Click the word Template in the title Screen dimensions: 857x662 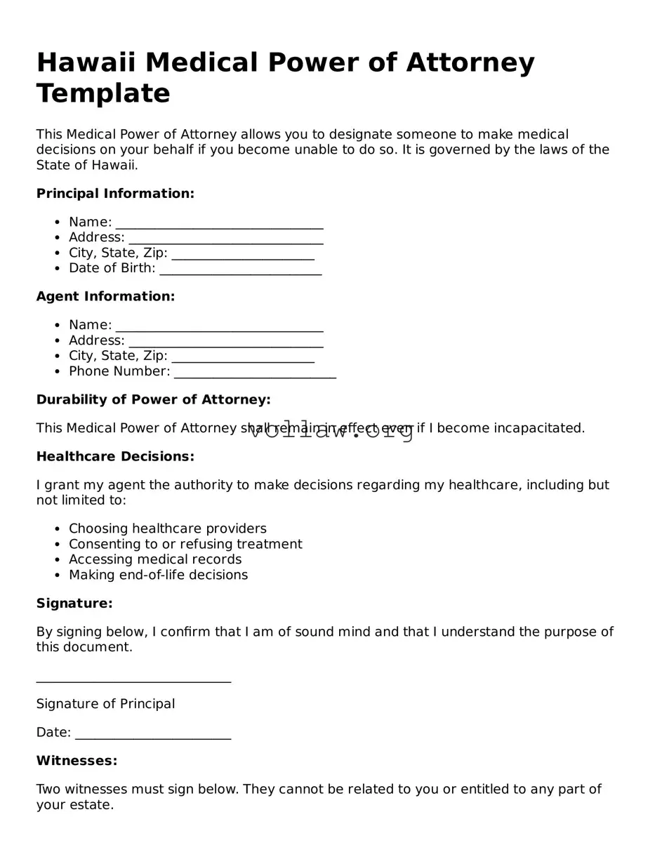point(103,93)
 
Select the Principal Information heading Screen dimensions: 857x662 point(115,194)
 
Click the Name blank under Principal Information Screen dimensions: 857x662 point(219,224)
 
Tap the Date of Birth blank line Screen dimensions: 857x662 point(240,270)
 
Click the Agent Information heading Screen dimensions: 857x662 point(105,297)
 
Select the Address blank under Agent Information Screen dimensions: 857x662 point(225,343)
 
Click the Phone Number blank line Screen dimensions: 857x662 point(255,373)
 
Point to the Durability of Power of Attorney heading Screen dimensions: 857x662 point(153,400)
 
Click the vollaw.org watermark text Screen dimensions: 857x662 point(332,431)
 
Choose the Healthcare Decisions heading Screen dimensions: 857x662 point(115,457)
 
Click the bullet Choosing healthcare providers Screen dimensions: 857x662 point(167,529)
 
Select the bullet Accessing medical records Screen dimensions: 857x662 point(155,559)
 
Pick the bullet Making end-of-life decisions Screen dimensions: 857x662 point(158,575)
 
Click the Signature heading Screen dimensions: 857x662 point(74,604)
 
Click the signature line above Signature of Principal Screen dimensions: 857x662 point(133,679)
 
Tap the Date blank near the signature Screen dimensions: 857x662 point(152,735)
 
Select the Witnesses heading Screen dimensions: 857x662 point(77,761)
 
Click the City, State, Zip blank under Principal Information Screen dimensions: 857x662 point(242,255)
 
